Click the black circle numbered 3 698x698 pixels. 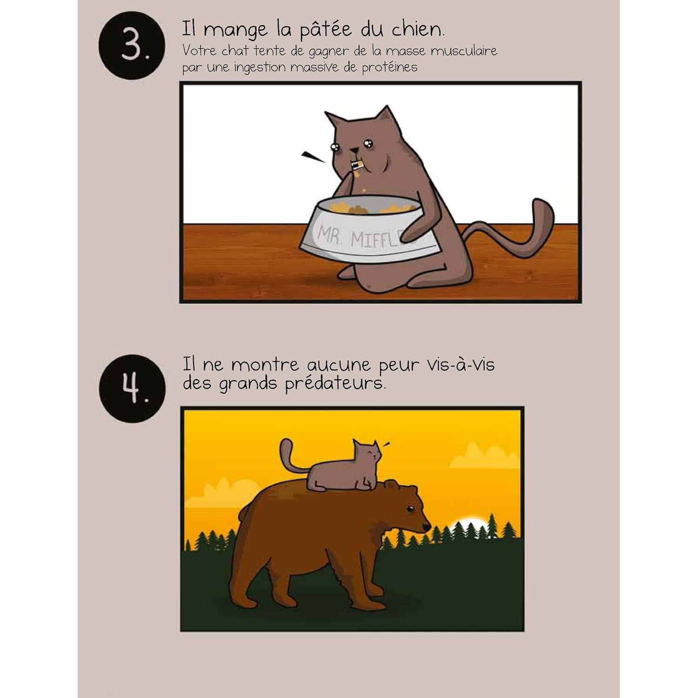[x=132, y=46]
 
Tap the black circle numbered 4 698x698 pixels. [x=132, y=388]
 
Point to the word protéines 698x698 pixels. [x=390, y=67]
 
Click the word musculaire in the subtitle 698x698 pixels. [x=463, y=50]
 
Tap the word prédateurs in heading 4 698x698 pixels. [x=335, y=384]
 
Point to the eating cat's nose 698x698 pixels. [x=355, y=150]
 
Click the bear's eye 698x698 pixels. [x=409, y=508]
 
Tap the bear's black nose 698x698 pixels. [x=426, y=527]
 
